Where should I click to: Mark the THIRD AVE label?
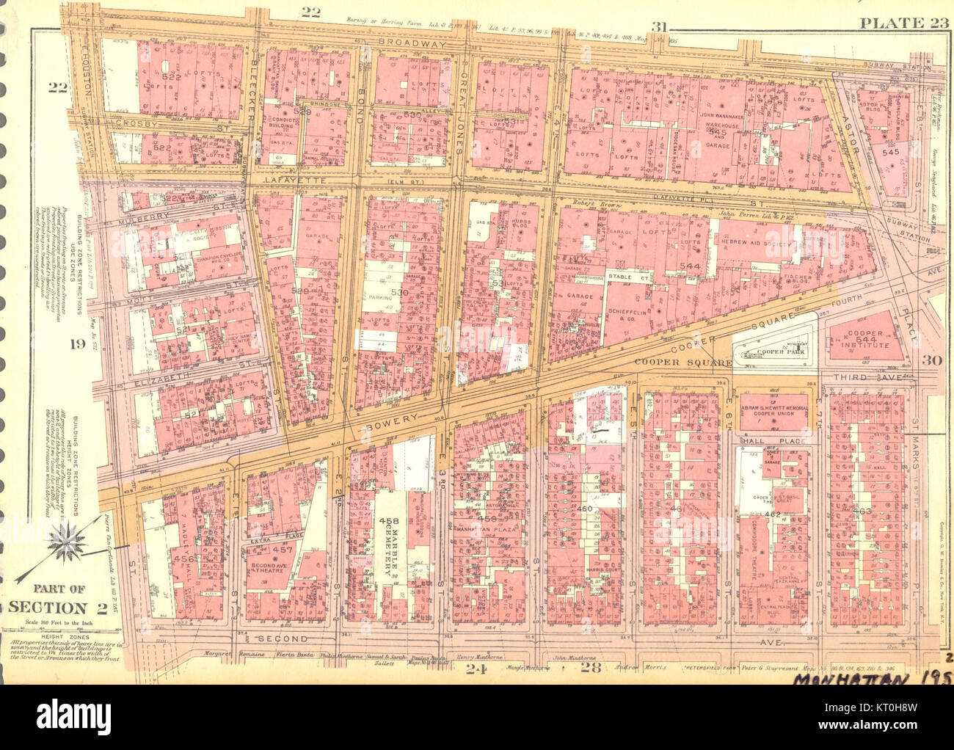(874, 376)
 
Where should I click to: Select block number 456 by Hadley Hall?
(183, 559)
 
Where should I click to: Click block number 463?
(866, 509)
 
